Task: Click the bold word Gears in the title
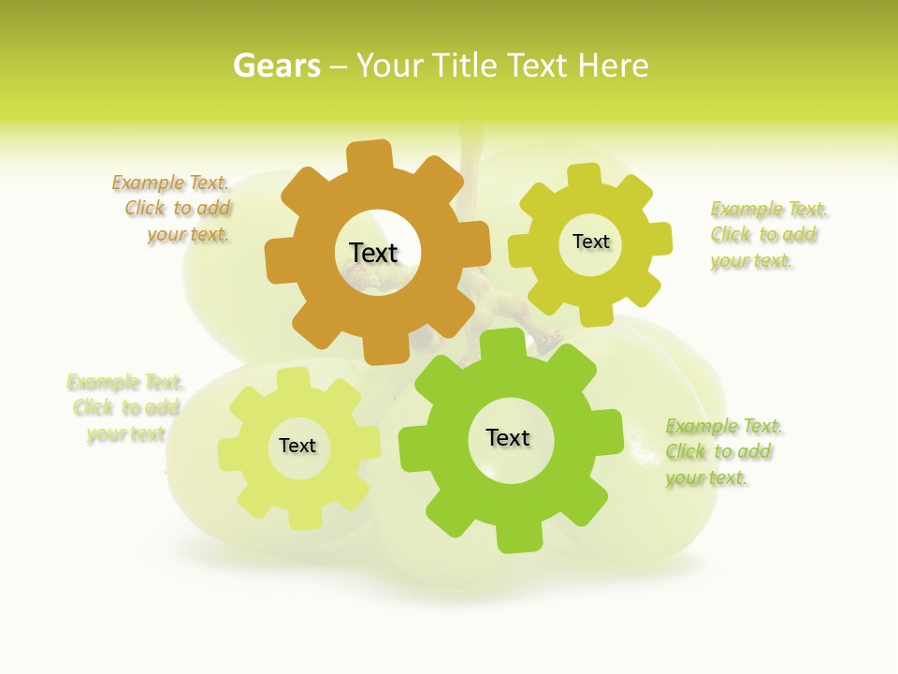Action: coord(277,66)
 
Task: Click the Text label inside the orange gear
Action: coord(373,253)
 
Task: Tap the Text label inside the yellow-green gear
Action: coord(590,242)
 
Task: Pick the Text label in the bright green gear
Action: coord(508,437)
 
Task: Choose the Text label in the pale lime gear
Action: coord(297,446)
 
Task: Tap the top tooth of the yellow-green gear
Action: coord(585,176)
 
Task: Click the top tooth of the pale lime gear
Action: coord(294,379)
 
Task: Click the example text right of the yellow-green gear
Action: coord(768,235)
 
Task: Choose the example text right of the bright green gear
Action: coord(723,452)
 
